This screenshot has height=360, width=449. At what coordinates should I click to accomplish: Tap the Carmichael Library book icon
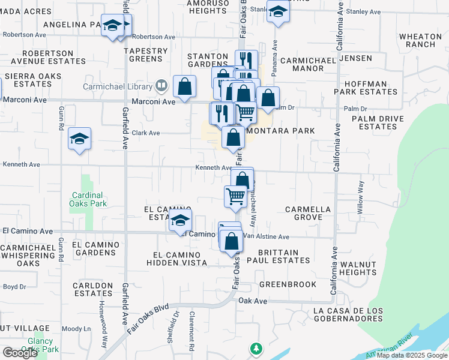pyautogui.click(x=161, y=86)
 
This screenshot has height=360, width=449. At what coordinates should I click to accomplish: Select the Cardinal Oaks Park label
pyautogui.click(x=88, y=199)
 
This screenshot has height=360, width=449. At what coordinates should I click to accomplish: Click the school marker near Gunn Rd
pyautogui.click(x=79, y=140)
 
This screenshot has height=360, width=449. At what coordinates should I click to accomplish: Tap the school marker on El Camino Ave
pyautogui.click(x=180, y=221)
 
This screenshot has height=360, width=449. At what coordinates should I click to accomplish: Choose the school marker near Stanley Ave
pyautogui.click(x=278, y=11)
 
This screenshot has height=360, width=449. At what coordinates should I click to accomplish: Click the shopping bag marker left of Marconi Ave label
pyautogui.click(x=184, y=87)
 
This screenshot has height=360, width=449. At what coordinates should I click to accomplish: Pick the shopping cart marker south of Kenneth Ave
pyautogui.click(x=236, y=196)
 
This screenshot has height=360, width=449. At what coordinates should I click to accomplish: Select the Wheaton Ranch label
pyautogui.click(x=420, y=40)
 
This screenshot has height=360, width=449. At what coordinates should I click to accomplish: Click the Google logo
pyautogui.click(x=20, y=353)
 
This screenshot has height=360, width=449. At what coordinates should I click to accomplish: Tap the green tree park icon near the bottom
pyautogui.click(x=256, y=348)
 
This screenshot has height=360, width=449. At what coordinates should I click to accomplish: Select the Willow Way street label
pyautogui.click(x=361, y=196)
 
